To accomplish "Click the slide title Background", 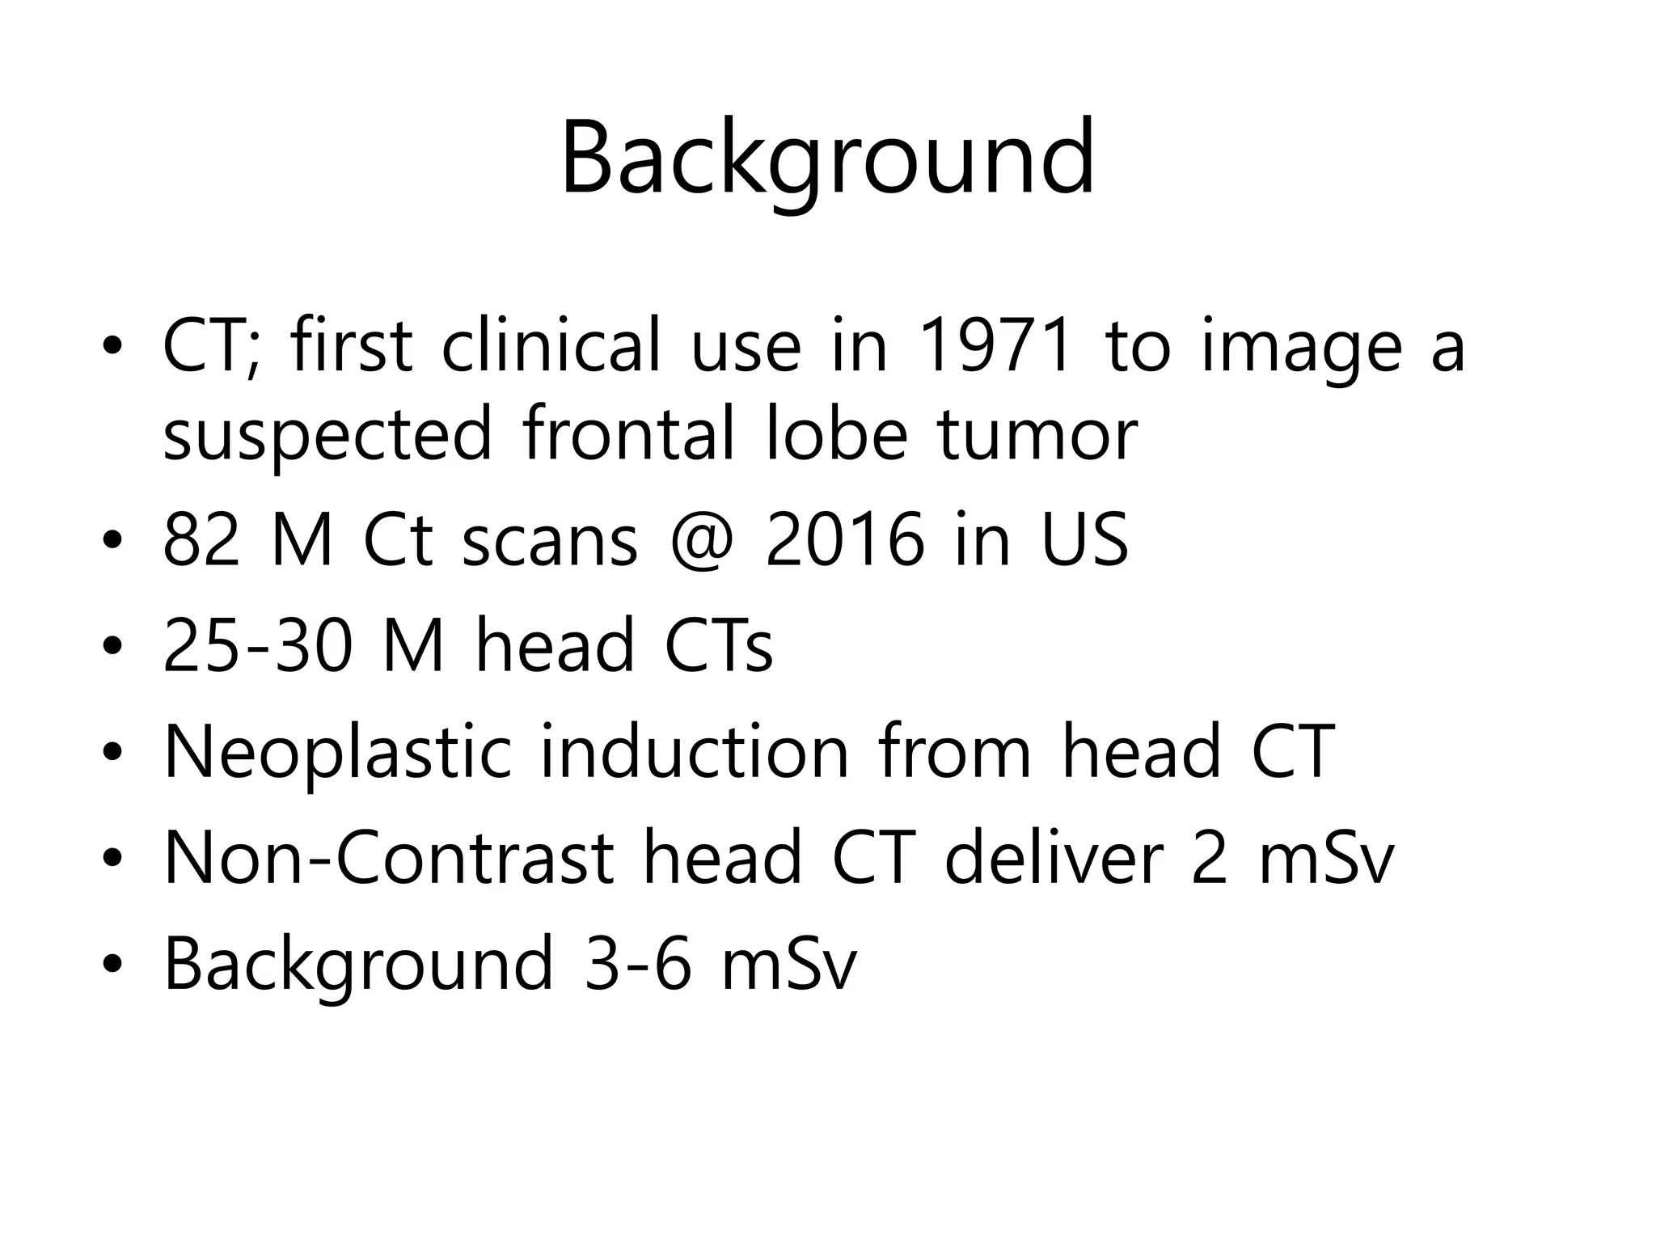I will (x=827, y=158).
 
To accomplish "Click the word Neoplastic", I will (x=338, y=752).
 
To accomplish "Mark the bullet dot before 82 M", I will (x=112, y=543).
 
